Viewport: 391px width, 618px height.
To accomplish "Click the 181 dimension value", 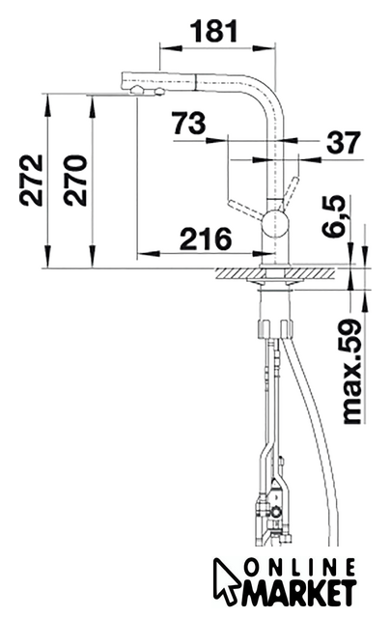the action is pyautogui.click(x=214, y=31).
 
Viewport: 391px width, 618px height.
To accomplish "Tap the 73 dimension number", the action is pyautogui.click(x=189, y=124).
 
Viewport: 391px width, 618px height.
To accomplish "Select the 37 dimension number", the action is pyautogui.click(x=344, y=142).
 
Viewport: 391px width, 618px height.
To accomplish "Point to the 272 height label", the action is pyautogui.click(x=32, y=181).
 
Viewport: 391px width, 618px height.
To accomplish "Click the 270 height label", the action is pyautogui.click(x=75, y=181).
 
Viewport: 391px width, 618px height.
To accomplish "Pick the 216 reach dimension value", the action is pyautogui.click(x=206, y=239).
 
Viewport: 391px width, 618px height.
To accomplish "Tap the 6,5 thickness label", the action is pyautogui.click(x=333, y=216).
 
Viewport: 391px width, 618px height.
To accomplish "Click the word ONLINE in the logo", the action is pyautogui.click(x=299, y=569).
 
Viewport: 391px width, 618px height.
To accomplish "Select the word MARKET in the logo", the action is pyautogui.click(x=298, y=593).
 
